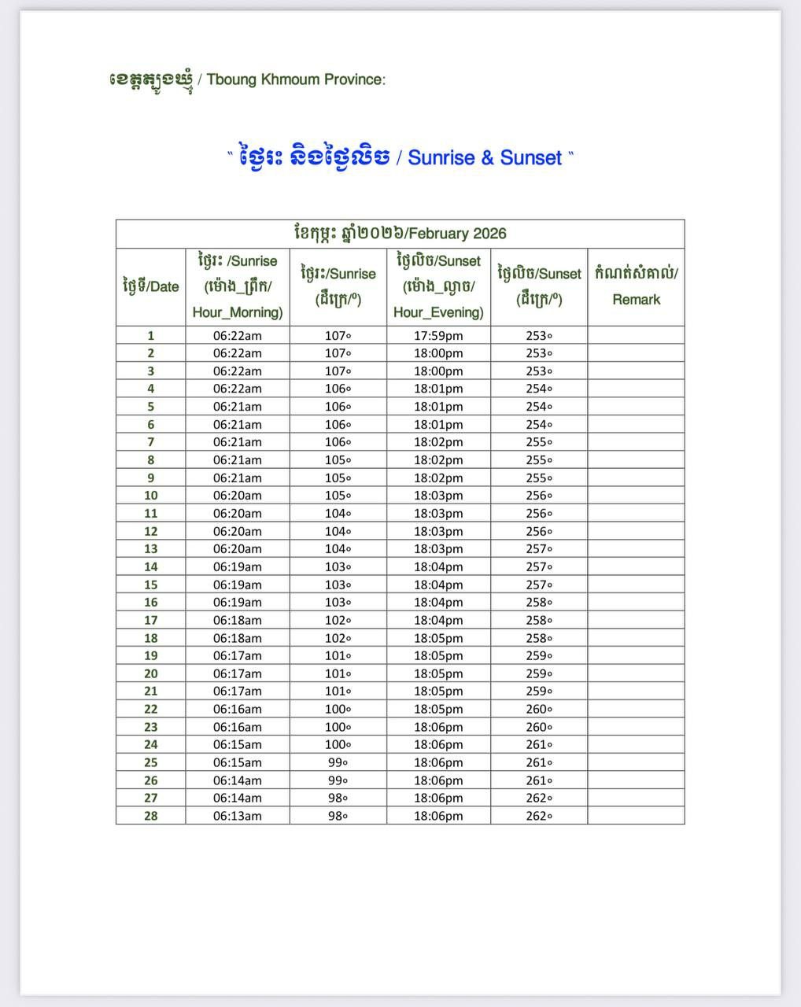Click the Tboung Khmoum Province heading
[x=247, y=79]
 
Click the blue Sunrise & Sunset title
[x=400, y=157]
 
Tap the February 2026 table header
[x=400, y=234]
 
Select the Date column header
[x=151, y=286]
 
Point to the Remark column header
[x=636, y=286]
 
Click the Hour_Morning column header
[x=238, y=286]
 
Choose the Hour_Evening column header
[x=438, y=286]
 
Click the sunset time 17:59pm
[x=438, y=335]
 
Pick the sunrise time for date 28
[x=238, y=816]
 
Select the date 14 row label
[x=151, y=566]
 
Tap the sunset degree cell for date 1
[x=539, y=335]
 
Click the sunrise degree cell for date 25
[x=338, y=762]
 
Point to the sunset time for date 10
[x=438, y=496]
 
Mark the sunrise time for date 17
[x=238, y=620]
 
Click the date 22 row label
[x=151, y=709]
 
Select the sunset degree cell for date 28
[x=539, y=816]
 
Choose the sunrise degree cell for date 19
[x=338, y=655]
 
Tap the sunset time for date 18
[x=438, y=638]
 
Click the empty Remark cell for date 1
[x=636, y=335]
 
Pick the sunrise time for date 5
[x=238, y=407]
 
